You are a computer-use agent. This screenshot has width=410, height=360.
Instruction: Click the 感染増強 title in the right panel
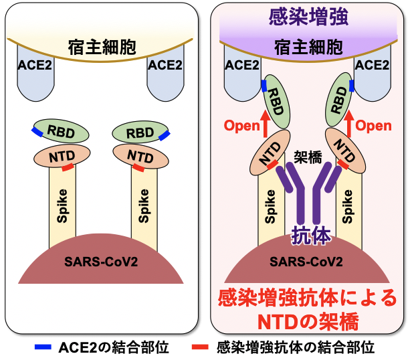308,17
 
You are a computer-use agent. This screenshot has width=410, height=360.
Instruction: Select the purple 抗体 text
310,236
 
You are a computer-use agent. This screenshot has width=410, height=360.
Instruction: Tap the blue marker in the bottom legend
43,348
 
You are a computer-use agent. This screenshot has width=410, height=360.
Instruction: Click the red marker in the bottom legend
201,348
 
